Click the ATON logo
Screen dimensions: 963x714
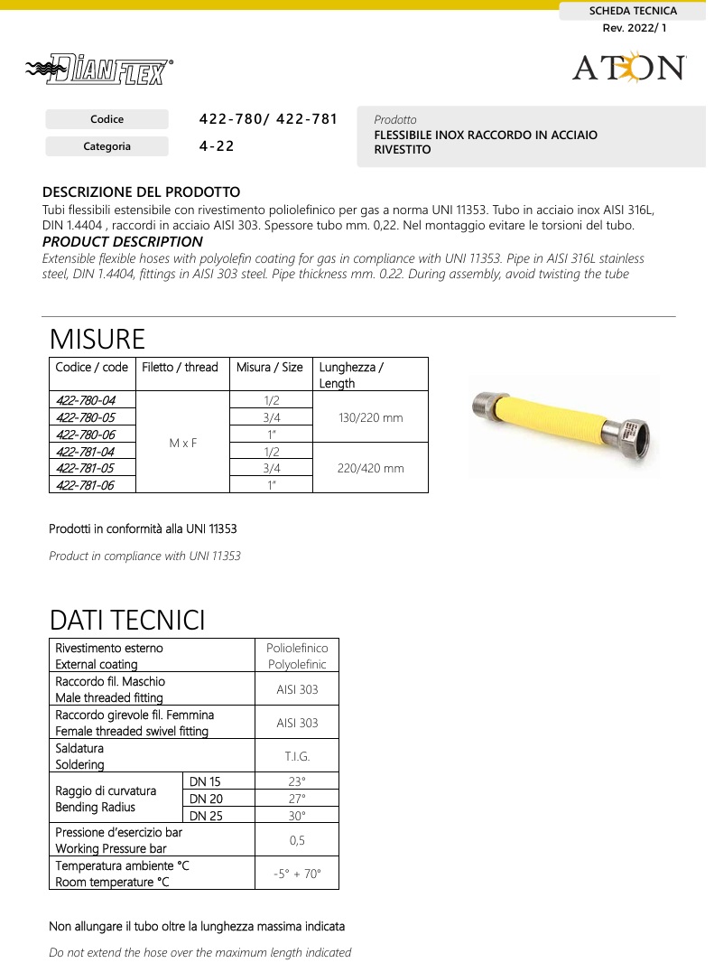coord(629,68)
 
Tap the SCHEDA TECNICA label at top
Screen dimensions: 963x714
coord(632,11)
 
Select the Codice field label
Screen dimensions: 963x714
coord(107,119)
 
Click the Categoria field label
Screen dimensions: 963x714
coord(107,146)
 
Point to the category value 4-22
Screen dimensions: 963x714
coord(217,146)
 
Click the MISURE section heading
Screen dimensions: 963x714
coord(97,340)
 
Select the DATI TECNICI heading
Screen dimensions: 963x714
coord(127,621)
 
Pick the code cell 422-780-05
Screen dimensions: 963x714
coord(86,417)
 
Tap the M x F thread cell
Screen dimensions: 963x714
coord(183,443)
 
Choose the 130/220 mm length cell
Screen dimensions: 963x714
coord(370,418)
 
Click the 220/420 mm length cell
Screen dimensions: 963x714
coord(370,469)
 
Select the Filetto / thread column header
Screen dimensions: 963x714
coord(181,368)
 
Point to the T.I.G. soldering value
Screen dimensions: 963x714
coord(297,756)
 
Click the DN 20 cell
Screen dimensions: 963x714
coord(205,799)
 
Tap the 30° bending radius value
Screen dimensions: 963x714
coord(297,815)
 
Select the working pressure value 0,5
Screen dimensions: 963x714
coord(297,840)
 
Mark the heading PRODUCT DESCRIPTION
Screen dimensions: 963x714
coord(123,242)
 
